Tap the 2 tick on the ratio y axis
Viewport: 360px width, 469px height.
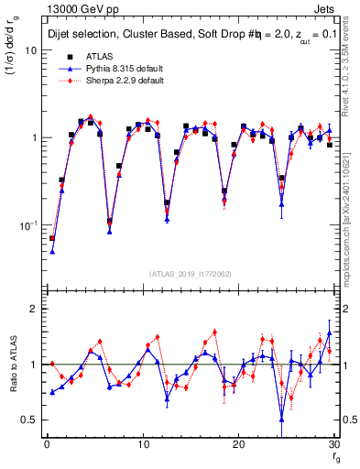coord(33,309)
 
